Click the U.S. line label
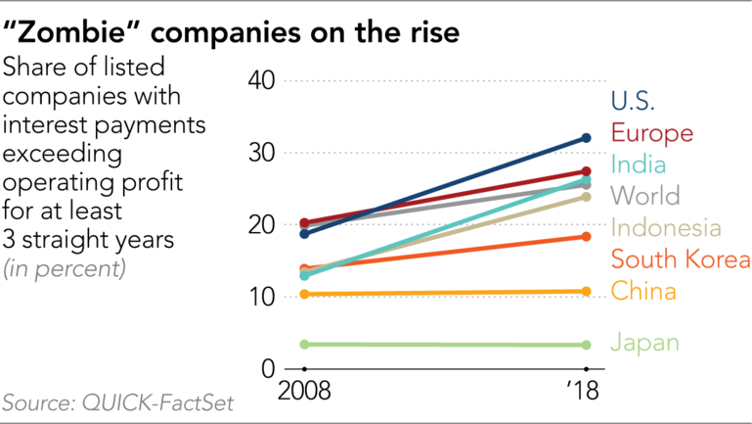(x=633, y=101)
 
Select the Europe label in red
(x=652, y=133)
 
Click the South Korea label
(x=681, y=259)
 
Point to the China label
(x=641, y=291)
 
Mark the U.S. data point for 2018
(x=587, y=138)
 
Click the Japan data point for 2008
(x=304, y=344)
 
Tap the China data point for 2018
(x=587, y=291)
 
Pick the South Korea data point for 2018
(x=587, y=236)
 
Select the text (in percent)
(x=65, y=267)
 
